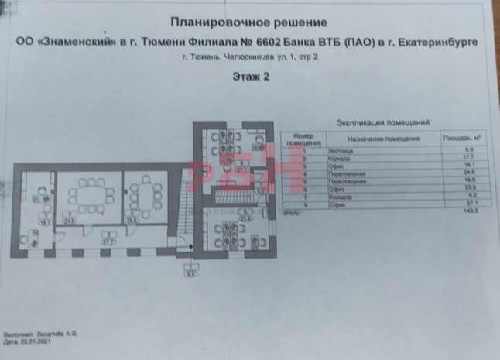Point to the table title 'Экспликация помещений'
point(384,122)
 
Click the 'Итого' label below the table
point(290,211)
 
